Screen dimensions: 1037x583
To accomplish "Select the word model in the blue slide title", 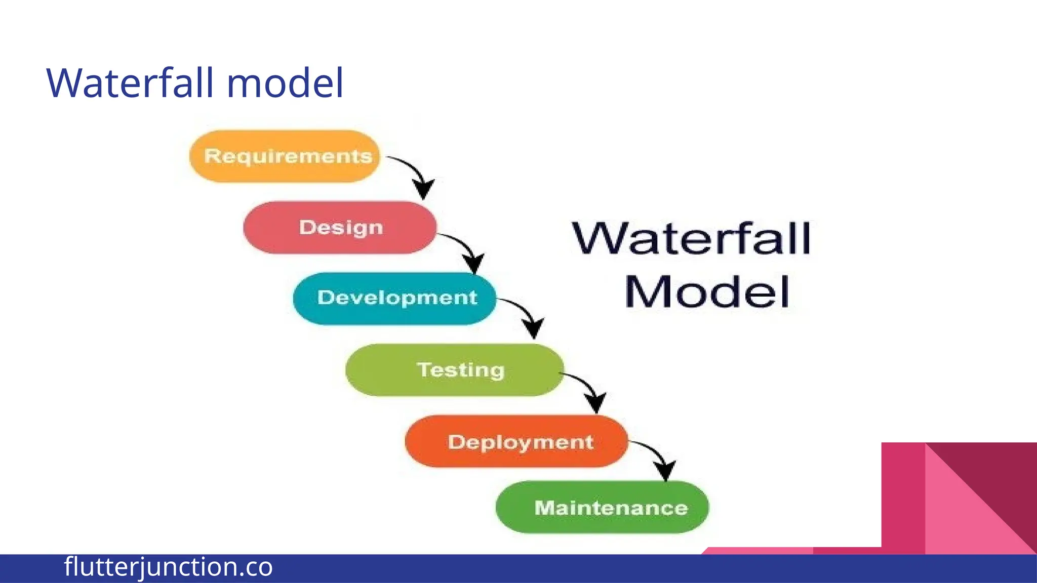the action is click(x=285, y=82).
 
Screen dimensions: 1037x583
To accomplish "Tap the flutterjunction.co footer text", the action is click(x=168, y=567).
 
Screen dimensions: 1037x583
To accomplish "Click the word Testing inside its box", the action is click(x=461, y=370).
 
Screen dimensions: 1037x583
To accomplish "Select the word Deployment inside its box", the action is click(x=521, y=442).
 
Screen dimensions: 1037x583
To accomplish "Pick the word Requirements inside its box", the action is click(x=288, y=156).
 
